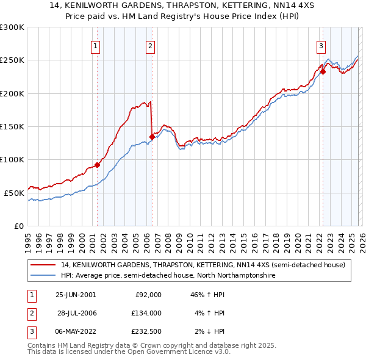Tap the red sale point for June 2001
pyautogui.click(x=97, y=165)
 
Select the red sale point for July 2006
pyautogui.click(x=151, y=137)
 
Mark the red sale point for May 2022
pyautogui.click(x=323, y=72)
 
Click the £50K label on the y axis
pyautogui.click(x=14, y=192)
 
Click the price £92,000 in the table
pyautogui.click(x=148, y=294)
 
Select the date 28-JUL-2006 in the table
pyautogui.click(x=76, y=312)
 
